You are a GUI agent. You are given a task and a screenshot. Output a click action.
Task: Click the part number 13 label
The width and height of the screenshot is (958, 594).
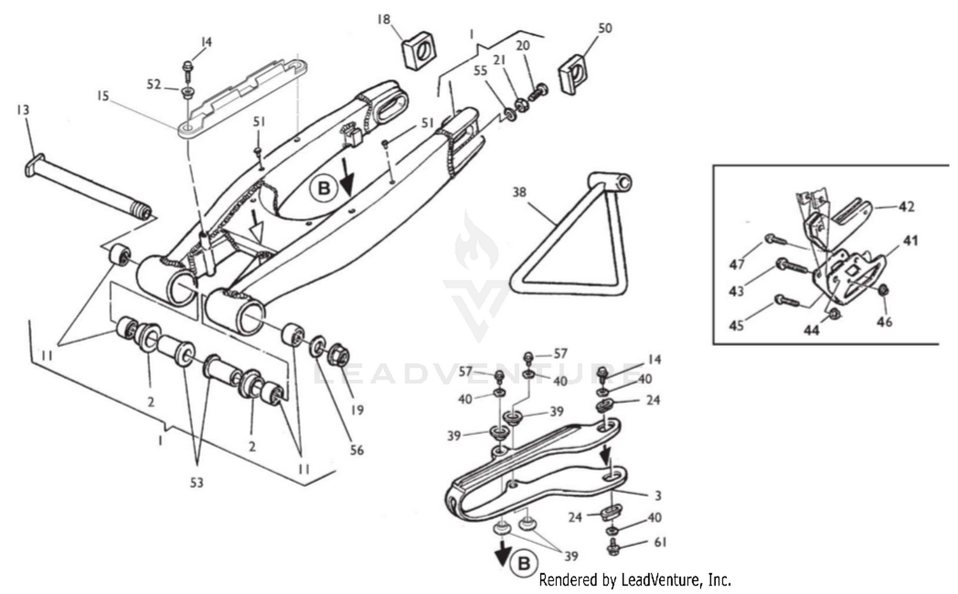22,111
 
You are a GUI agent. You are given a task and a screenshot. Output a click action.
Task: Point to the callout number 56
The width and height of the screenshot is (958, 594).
356,450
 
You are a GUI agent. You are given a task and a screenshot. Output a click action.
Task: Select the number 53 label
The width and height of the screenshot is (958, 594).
196,482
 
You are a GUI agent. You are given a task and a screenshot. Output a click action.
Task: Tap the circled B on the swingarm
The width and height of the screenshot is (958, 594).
323,188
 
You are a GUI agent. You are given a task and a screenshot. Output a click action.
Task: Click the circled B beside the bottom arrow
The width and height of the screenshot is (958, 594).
523,563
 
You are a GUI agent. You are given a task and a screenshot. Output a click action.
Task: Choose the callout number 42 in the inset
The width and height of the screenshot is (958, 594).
906,207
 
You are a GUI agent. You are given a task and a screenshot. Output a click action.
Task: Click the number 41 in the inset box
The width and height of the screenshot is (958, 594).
910,241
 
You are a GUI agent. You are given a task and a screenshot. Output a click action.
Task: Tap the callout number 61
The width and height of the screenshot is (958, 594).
660,542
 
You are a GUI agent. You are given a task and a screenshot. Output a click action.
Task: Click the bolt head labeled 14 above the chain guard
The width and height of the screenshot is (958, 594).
602,371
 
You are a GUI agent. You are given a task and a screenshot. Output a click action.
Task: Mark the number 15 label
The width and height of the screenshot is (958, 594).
103,96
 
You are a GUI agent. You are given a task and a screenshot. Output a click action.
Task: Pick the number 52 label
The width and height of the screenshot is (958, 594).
154,84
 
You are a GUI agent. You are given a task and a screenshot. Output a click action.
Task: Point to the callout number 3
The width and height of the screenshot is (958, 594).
657,496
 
